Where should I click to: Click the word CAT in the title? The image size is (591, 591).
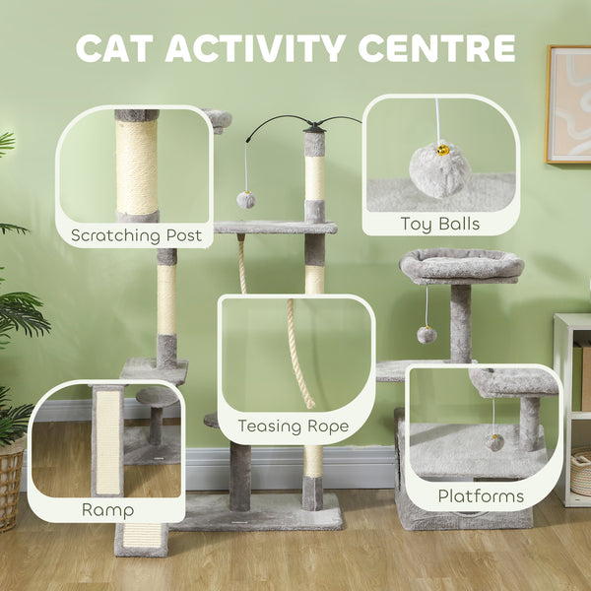click(x=119, y=48)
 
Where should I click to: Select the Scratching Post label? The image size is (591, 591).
click(x=136, y=235)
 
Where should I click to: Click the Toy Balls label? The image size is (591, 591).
click(x=440, y=224)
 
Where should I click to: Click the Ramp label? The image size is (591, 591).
click(x=107, y=510)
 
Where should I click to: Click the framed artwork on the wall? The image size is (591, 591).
click(x=568, y=103)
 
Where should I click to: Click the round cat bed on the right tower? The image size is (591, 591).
click(x=461, y=266)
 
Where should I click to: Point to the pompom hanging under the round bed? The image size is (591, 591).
click(x=427, y=335)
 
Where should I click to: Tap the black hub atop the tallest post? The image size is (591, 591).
click(x=314, y=126)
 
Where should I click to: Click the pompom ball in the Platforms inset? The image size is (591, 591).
click(x=494, y=441)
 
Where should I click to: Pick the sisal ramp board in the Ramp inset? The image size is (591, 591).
click(x=107, y=443)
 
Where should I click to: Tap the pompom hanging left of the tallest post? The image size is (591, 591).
click(x=245, y=200)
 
